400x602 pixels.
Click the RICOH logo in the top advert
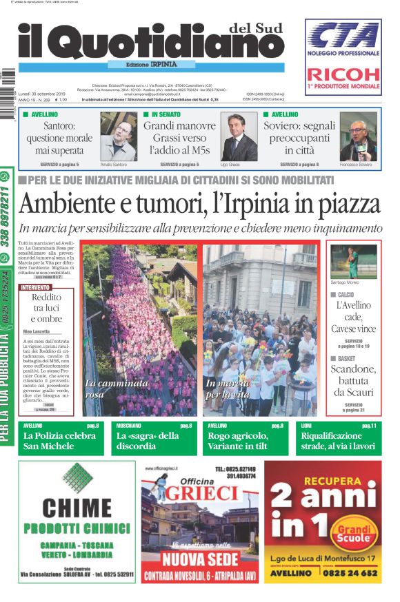click(343, 74)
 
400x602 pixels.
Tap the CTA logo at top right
click(343, 35)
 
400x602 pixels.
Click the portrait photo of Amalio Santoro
click(119, 137)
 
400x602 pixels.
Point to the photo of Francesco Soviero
click(358, 137)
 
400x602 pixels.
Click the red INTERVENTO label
click(35, 287)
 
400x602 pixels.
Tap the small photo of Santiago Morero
click(353, 261)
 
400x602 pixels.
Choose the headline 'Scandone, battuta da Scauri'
click(354, 380)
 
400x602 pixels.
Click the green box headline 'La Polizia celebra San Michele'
click(59, 441)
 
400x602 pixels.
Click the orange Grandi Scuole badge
click(352, 532)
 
